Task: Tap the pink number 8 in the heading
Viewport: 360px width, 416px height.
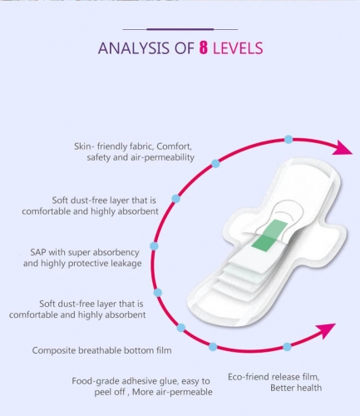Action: (x=203, y=47)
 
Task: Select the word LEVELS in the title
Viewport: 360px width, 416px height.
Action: (x=238, y=48)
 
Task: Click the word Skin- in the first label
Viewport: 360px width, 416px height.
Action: (x=84, y=146)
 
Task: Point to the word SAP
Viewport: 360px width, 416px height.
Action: (x=38, y=252)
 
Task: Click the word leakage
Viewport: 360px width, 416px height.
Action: (x=126, y=264)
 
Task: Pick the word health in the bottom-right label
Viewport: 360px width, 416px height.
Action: (x=310, y=388)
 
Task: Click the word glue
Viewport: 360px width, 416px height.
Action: (x=170, y=382)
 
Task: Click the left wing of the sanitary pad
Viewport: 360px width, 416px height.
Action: (x=236, y=224)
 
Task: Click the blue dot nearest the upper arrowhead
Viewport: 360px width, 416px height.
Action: (x=288, y=140)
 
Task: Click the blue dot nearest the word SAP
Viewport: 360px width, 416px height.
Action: (x=154, y=246)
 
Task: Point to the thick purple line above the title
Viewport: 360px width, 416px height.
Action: (x=180, y=29)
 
